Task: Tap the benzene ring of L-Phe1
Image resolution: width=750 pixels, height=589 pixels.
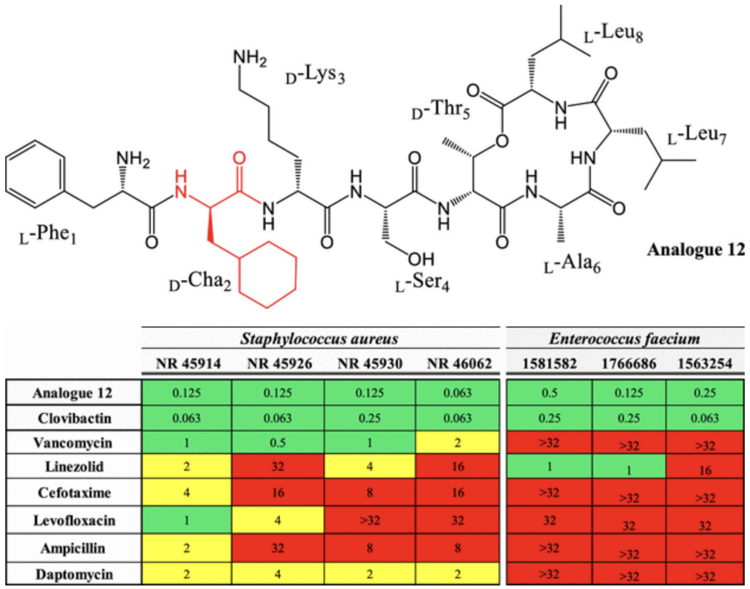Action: click(35, 175)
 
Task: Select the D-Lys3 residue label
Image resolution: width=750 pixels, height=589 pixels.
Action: click(315, 75)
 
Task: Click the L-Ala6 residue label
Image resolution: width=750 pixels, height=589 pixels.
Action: click(572, 263)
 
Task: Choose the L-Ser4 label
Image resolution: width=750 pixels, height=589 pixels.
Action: click(422, 282)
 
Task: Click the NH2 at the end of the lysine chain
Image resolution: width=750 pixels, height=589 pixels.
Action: click(250, 58)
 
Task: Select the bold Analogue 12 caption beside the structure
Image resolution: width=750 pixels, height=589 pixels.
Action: click(696, 250)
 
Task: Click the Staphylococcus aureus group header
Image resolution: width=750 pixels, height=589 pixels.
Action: click(319, 339)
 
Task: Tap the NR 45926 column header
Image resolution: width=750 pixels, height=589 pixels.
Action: click(279, 363)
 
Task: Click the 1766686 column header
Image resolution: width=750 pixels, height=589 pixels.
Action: click(628, 363)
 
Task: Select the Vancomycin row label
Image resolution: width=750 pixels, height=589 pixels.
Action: click(73, 443)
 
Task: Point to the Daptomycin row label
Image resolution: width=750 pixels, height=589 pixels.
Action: click(73, 574)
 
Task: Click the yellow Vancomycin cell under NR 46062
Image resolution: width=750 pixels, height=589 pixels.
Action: click(458, 443)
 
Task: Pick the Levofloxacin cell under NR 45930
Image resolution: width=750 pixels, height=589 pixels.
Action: click(370, 520)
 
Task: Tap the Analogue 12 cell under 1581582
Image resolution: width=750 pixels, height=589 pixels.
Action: click(549, 393)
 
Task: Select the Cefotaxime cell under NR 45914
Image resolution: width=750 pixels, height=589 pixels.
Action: click(186, 493)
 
